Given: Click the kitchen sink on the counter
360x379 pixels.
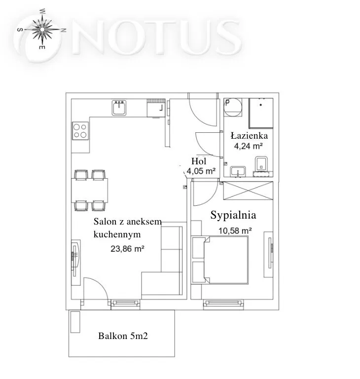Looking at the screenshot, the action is (x=119, y=108).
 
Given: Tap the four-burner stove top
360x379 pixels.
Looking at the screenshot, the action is (x=80, y=131).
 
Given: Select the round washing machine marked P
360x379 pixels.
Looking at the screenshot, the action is (x=232, y=107).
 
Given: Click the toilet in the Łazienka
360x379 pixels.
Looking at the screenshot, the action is (x=261, y=164).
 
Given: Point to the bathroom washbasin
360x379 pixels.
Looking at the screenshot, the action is (x=238, y=171).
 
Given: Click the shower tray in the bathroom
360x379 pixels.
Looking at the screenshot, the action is (x=261, y=113).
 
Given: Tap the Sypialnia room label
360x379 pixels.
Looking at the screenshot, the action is (x=233, y=215).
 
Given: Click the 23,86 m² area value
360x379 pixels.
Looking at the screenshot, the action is (x=127, y=249).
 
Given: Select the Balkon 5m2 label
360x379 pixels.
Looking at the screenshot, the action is (x=123, y=336).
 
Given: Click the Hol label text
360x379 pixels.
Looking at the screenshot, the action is (x=199, y=161).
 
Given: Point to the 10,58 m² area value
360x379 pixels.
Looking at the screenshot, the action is (x=235, y=230).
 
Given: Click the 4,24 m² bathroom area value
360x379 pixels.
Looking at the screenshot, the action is (x=249, y=146).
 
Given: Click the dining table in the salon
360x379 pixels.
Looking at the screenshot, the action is (x=89, y=190).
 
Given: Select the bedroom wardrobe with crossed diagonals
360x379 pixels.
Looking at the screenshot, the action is (x=248, y=190).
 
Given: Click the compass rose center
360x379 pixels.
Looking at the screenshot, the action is (x=42, y=30).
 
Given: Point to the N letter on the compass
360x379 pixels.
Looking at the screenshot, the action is (x=63, y=30).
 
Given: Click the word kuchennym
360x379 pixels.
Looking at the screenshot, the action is (x=117, y=234).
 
